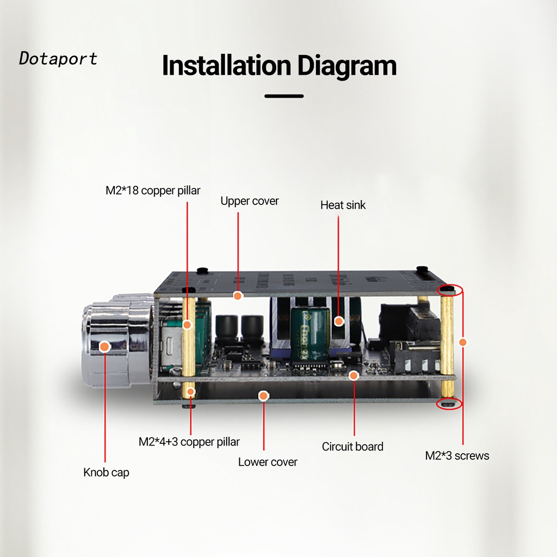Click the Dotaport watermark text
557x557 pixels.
point(58,58)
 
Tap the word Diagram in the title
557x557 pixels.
point(347,66)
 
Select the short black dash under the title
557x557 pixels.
point(284,96)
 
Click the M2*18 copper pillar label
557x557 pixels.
point(153,190)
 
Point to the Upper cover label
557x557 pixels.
point(249,201)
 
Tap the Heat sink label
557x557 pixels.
point(343,205)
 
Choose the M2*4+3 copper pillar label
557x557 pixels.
point(189,442)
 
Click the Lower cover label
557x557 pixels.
point(268,462)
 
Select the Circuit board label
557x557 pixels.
point(352,447)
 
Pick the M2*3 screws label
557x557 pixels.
point(457,456)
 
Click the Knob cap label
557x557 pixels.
point(106,472)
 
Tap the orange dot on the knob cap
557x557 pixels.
point(106,346)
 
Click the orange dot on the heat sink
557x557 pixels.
point(339,320)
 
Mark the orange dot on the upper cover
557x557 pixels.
point(238,295)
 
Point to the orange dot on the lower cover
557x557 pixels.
point(264,395)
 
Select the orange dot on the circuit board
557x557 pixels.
point(354,375)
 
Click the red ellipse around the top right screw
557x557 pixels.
point(450,289)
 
